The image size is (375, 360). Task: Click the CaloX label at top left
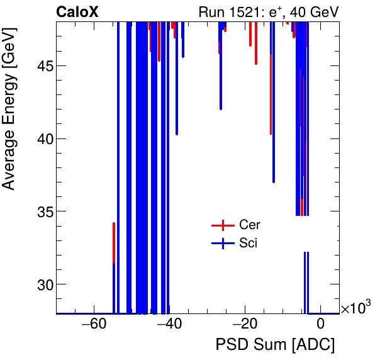point(77,11)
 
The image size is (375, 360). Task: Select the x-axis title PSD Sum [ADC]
point(275,345)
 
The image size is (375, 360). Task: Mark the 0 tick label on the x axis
point(320,325)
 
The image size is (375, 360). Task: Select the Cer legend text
point(249,225)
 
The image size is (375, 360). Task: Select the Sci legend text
point(248,244)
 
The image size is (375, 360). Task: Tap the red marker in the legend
point(222,225)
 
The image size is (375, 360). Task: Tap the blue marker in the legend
point(222,244)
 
